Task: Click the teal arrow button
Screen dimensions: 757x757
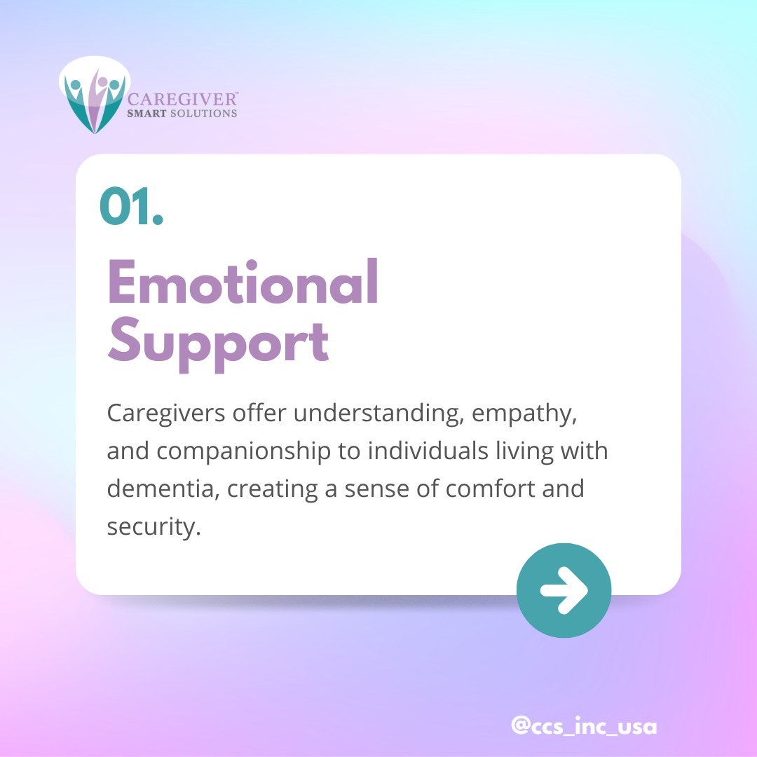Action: tap(564, 590)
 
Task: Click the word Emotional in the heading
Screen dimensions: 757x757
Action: tap(243, 284)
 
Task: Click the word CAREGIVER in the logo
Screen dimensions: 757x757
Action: tap(184, 99)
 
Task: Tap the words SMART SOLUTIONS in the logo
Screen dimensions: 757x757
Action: tap(183, 113)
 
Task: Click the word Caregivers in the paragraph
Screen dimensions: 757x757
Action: tap(161, 414)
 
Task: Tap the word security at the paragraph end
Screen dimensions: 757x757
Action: tap(149, 526)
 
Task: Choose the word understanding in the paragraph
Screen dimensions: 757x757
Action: tap(378, 414)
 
